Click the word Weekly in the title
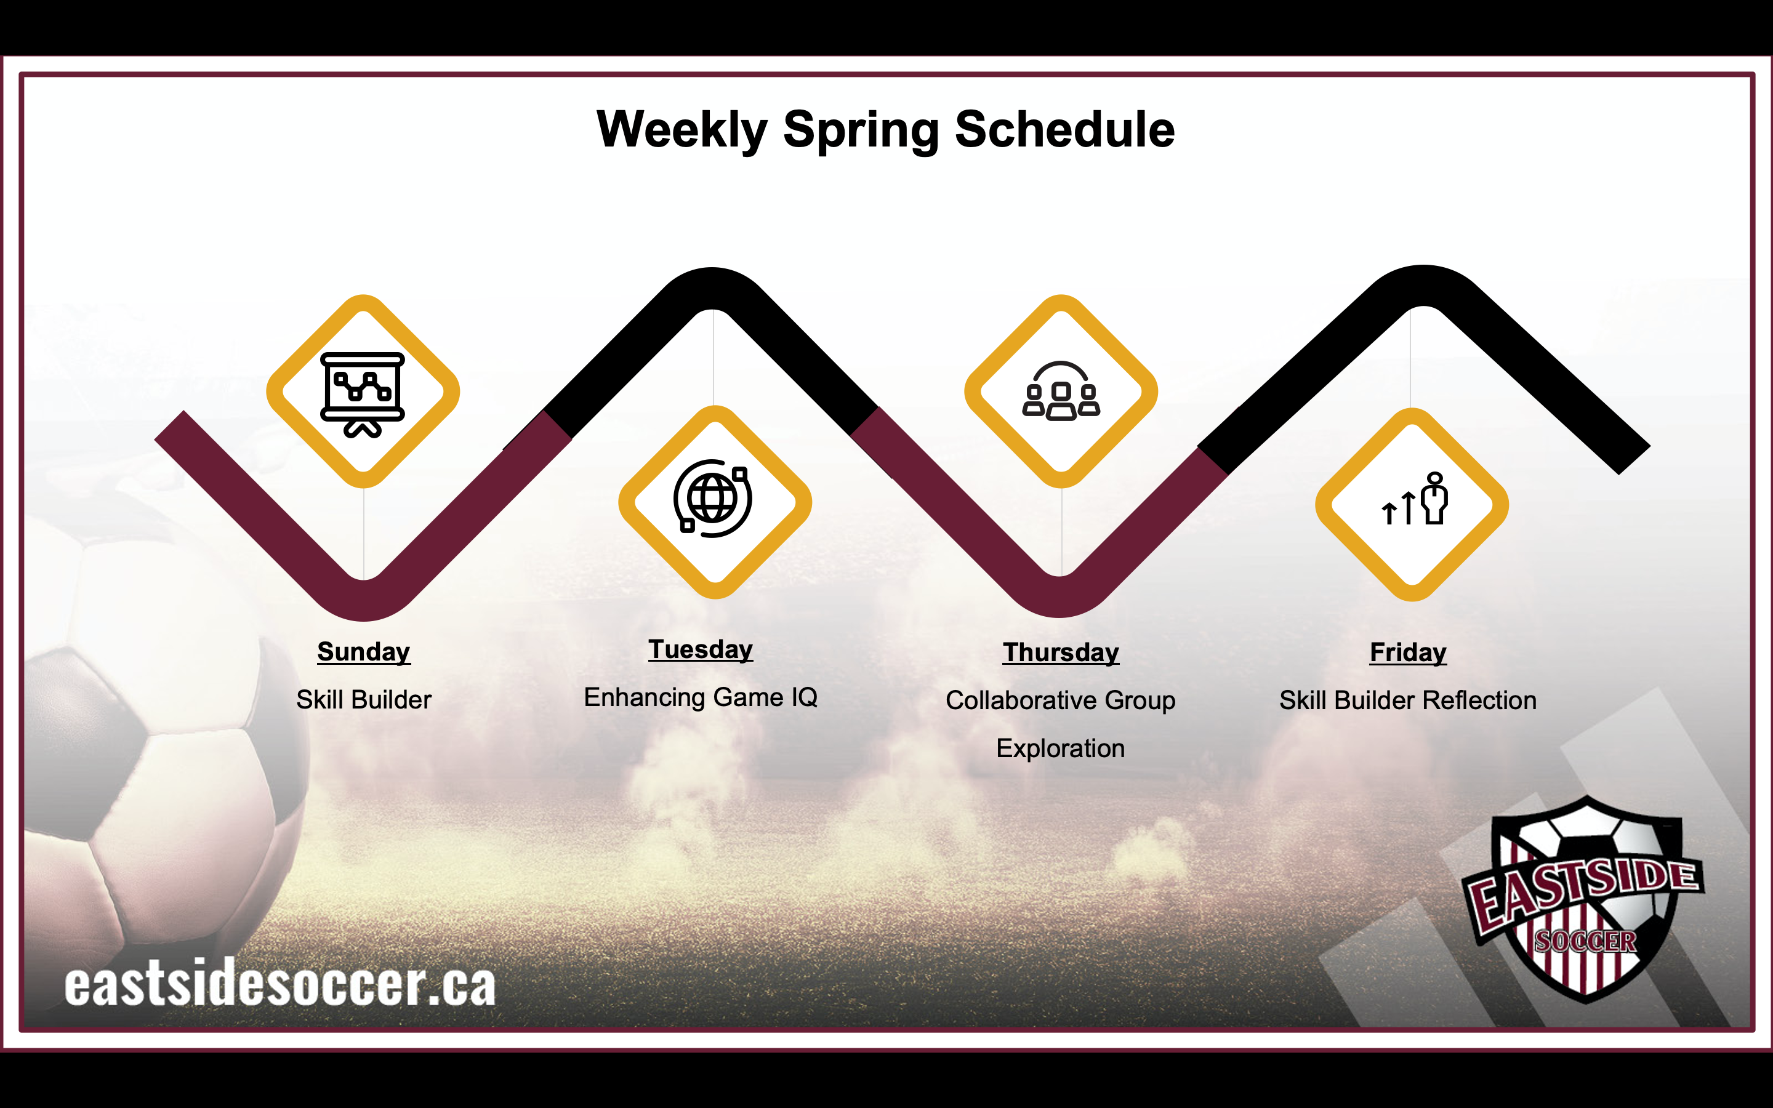(682, 130)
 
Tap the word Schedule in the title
(1064, 129)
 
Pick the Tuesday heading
(701, 650)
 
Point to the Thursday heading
(1061, 653)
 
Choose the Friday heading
(1408, 653)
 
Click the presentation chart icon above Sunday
(363, 394)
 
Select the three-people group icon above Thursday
(1061, 391)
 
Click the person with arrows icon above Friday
(1415, 499)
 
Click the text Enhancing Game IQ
(701, 697)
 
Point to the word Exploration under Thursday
(1060, 748)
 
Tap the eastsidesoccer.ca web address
(280, 984)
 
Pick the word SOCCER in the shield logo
(1585, 941)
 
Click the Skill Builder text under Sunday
(363, 700)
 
